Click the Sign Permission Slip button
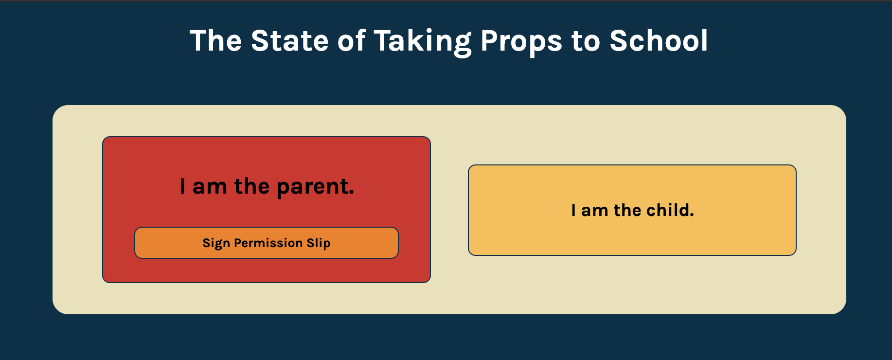pos(266,243)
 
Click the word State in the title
pos(289,40)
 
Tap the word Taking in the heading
pos(422,41)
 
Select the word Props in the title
pos(521,41)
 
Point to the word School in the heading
pos(659,40)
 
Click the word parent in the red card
pos(315,187)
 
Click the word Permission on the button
pos(268,243)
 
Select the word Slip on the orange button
pos(319,243)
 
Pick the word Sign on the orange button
pos(216,243)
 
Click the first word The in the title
pos(215,40)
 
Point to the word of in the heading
pos(351,40)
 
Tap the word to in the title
pos(586,41)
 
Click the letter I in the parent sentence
pos(182,186)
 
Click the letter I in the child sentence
pos(573,210)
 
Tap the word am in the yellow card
pos(594,211)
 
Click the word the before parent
pos(251,186)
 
